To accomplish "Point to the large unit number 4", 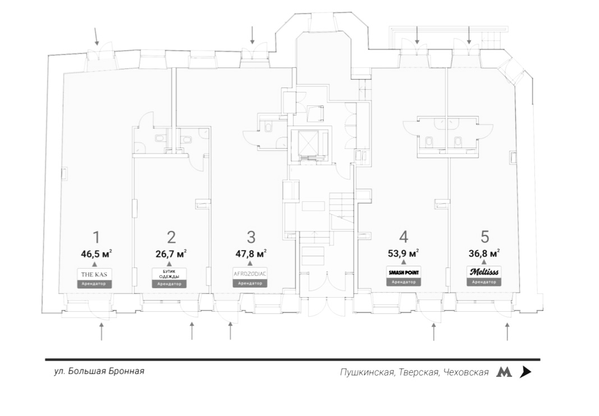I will (403, 237).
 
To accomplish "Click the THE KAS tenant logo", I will (94, 274).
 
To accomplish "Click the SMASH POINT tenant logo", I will (403, 273).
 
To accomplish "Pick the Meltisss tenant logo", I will (483, 272).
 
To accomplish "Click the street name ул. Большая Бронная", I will (95, 371).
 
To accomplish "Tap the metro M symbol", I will (504, 372).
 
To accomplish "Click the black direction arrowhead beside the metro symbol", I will (525, 372).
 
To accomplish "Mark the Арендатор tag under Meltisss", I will (483, 282).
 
